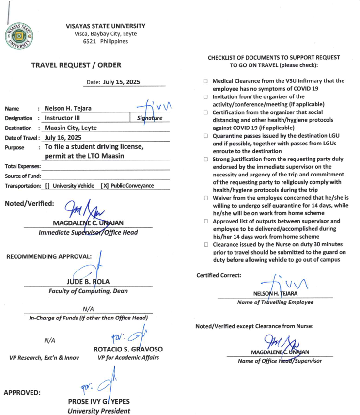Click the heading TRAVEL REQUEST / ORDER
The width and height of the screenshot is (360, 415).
76,65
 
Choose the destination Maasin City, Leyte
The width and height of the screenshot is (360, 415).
71,128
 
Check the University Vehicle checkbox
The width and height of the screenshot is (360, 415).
47,186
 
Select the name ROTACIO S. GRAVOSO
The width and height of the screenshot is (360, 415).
128,349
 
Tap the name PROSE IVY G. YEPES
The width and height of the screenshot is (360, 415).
99,402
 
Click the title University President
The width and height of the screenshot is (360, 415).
99,411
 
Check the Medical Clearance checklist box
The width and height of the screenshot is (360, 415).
206,81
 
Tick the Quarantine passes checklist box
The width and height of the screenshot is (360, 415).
206,136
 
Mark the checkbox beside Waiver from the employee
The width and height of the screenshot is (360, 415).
206,198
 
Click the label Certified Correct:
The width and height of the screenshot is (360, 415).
219,275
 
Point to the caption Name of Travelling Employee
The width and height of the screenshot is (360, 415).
275,302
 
